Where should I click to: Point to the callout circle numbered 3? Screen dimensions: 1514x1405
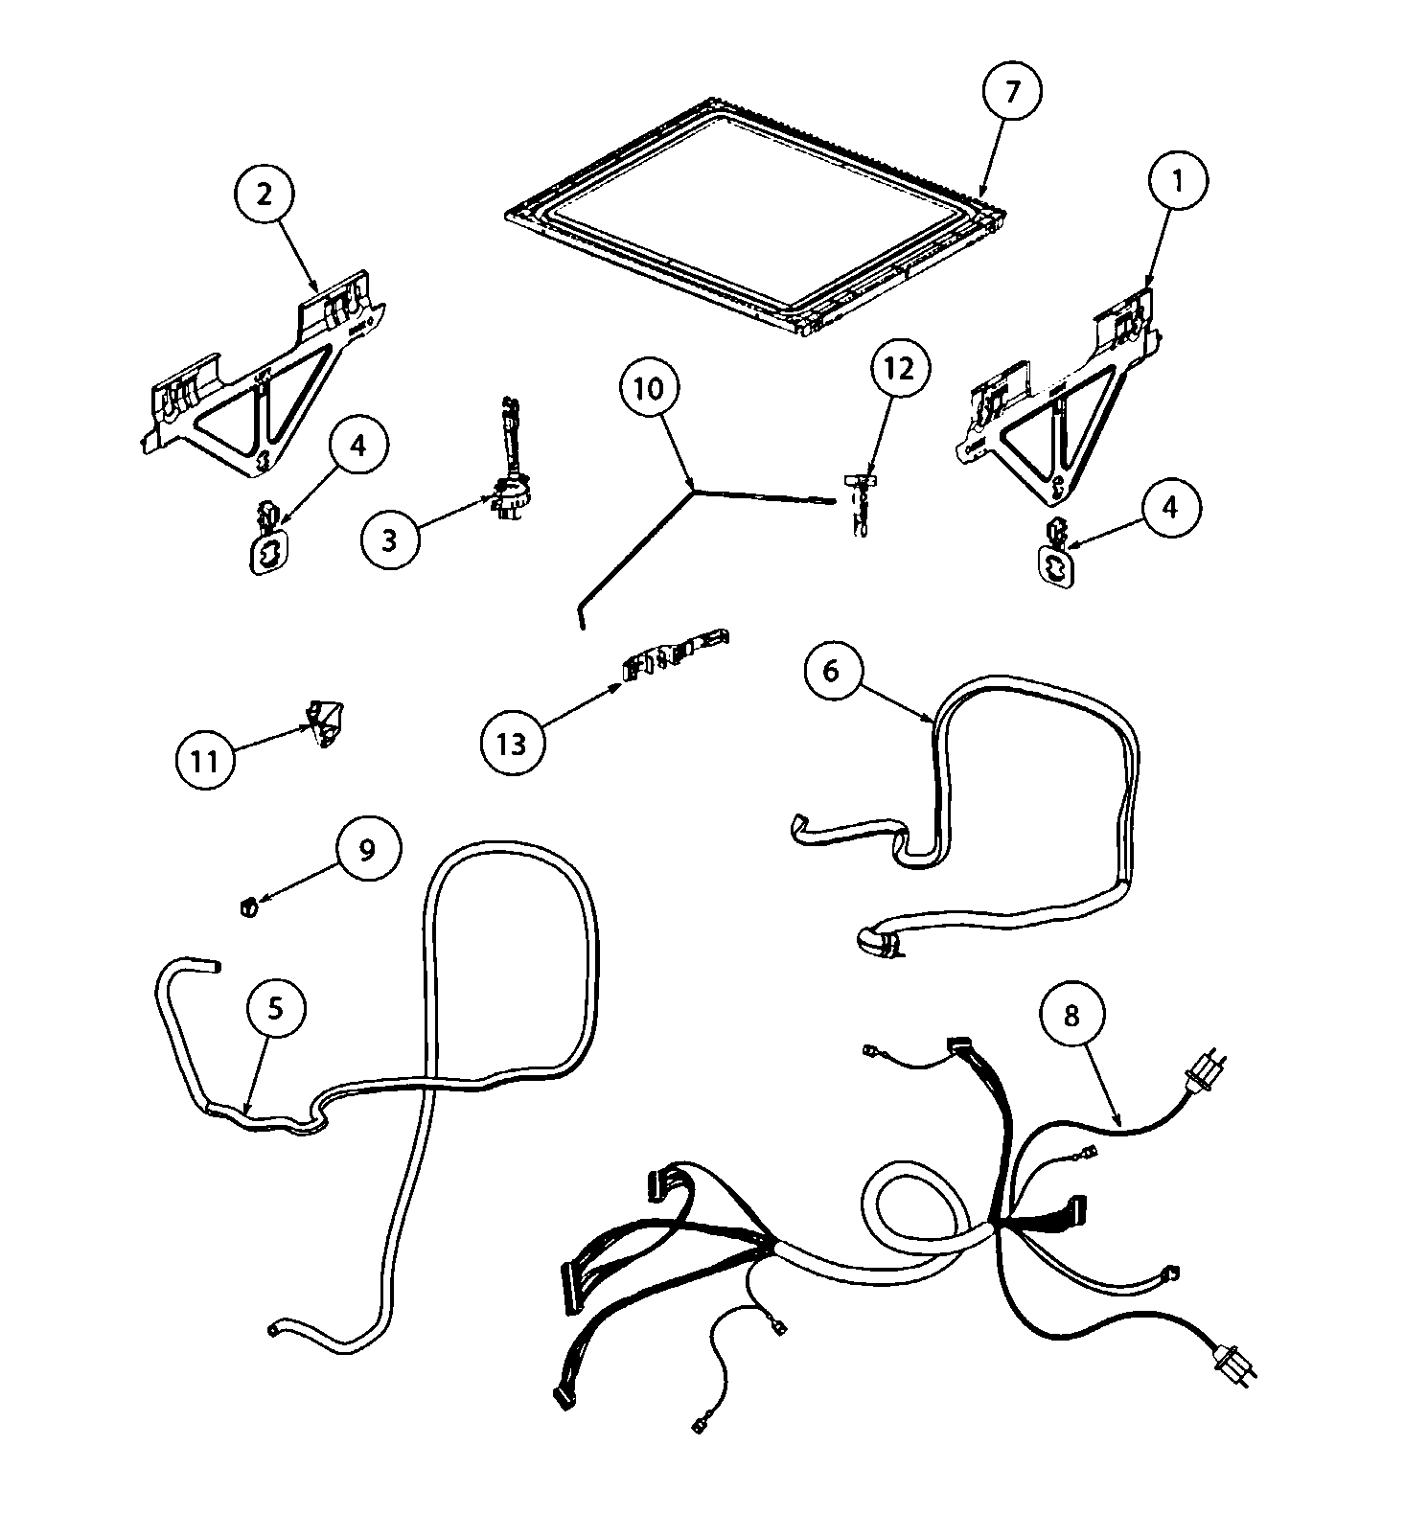pyautogui.click(x=389, y=539)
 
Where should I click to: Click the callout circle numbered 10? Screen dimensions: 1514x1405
pyautogui.click(x=649, y=389)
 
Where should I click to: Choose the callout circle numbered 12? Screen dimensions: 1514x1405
pyautogui.click(x=900, y=368)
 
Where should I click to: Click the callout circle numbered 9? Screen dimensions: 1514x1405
pyautogui.click(x=367, y=850)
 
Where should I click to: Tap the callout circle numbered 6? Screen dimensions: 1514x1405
pyautogui.click(x=831, y=672)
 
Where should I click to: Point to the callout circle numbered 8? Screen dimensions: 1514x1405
pyautogui.click(x=1071, y=1016)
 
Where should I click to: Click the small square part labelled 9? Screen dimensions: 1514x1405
pyautogui.click(x=247, y=906)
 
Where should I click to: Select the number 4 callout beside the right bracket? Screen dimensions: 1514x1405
pyautogui.click(x=1168, y=508)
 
